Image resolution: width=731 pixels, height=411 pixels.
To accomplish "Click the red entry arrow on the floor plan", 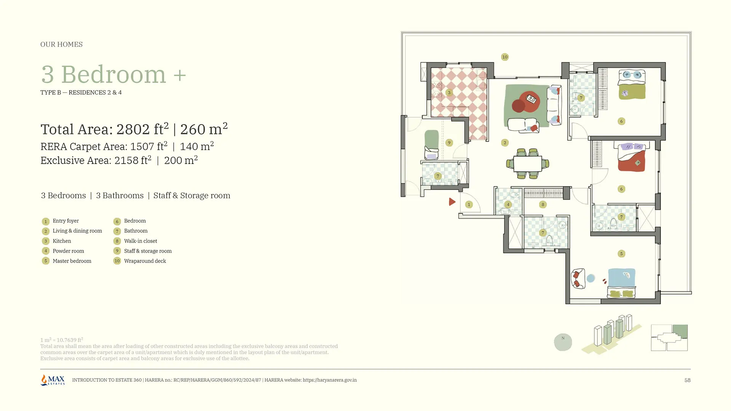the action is tap(452, 202).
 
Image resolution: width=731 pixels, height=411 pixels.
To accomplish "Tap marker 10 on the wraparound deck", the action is tap(505, 57).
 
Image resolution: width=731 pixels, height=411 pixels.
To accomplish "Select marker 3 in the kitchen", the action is tap(449, 92).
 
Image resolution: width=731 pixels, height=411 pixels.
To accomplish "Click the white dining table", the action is tap(528, 164).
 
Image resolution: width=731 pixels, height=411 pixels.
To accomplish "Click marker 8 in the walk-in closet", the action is tap(543, 205).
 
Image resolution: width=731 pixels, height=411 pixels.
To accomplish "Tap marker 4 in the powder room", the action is tap(508, 204).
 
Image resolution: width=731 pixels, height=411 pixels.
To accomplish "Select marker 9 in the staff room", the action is tap(449, 143).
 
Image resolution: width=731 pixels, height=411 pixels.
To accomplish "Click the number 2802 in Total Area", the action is tap(133, 129).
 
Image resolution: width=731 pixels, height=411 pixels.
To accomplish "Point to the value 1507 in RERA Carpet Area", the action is tap(143, 147).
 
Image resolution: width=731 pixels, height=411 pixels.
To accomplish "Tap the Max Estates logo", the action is tap(53, 380).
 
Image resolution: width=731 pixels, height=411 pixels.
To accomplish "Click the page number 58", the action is tap(687, 380).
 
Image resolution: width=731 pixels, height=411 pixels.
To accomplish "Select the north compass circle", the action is tap(563, 342).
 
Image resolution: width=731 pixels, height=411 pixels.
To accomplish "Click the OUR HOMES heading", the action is tap(61, 45).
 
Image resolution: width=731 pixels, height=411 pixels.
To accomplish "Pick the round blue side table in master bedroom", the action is tap(591, 279).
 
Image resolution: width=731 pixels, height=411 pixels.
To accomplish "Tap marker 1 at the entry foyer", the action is tap(469, 205).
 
